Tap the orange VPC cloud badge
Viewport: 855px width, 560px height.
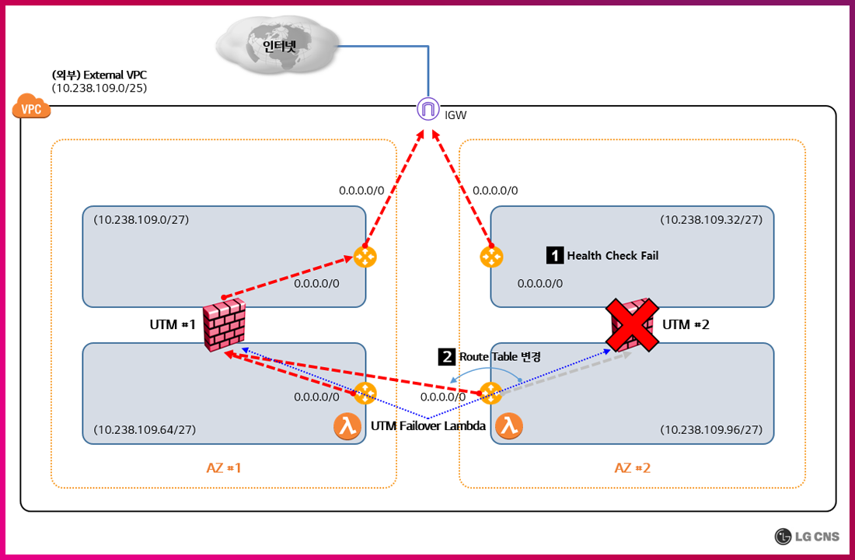pos(31,108)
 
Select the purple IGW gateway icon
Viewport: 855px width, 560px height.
pos(427,110)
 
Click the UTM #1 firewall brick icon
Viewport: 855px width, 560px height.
pos(225,324)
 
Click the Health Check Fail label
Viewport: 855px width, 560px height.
pos(612,255)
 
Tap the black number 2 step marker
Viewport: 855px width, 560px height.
pos(447,357)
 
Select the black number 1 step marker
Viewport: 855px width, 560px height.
pos(555,255)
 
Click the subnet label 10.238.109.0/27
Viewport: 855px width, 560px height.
pos(141,220)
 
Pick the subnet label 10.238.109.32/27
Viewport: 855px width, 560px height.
pos(711,220)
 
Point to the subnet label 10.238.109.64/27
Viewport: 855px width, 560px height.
pos(145,429)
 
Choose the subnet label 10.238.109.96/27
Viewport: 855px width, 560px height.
pos(711,429)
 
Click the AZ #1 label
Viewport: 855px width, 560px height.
pos(224,467)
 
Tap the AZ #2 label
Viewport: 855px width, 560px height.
pos(632,467)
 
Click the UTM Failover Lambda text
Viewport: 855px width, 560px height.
pos(428,425)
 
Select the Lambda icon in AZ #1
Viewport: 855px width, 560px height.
pos(348,426)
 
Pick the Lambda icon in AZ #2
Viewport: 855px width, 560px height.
pos(509,426)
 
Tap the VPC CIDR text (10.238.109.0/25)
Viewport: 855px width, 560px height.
pos(99,89)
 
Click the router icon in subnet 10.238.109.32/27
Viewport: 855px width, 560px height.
pos(491,256)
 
